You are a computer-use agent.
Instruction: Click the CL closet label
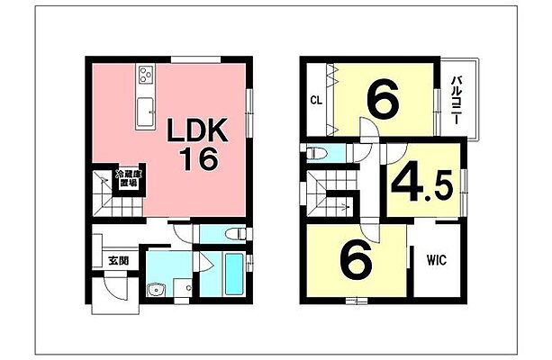coord(317,100)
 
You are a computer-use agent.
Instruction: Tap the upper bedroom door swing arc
coord(369,130)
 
